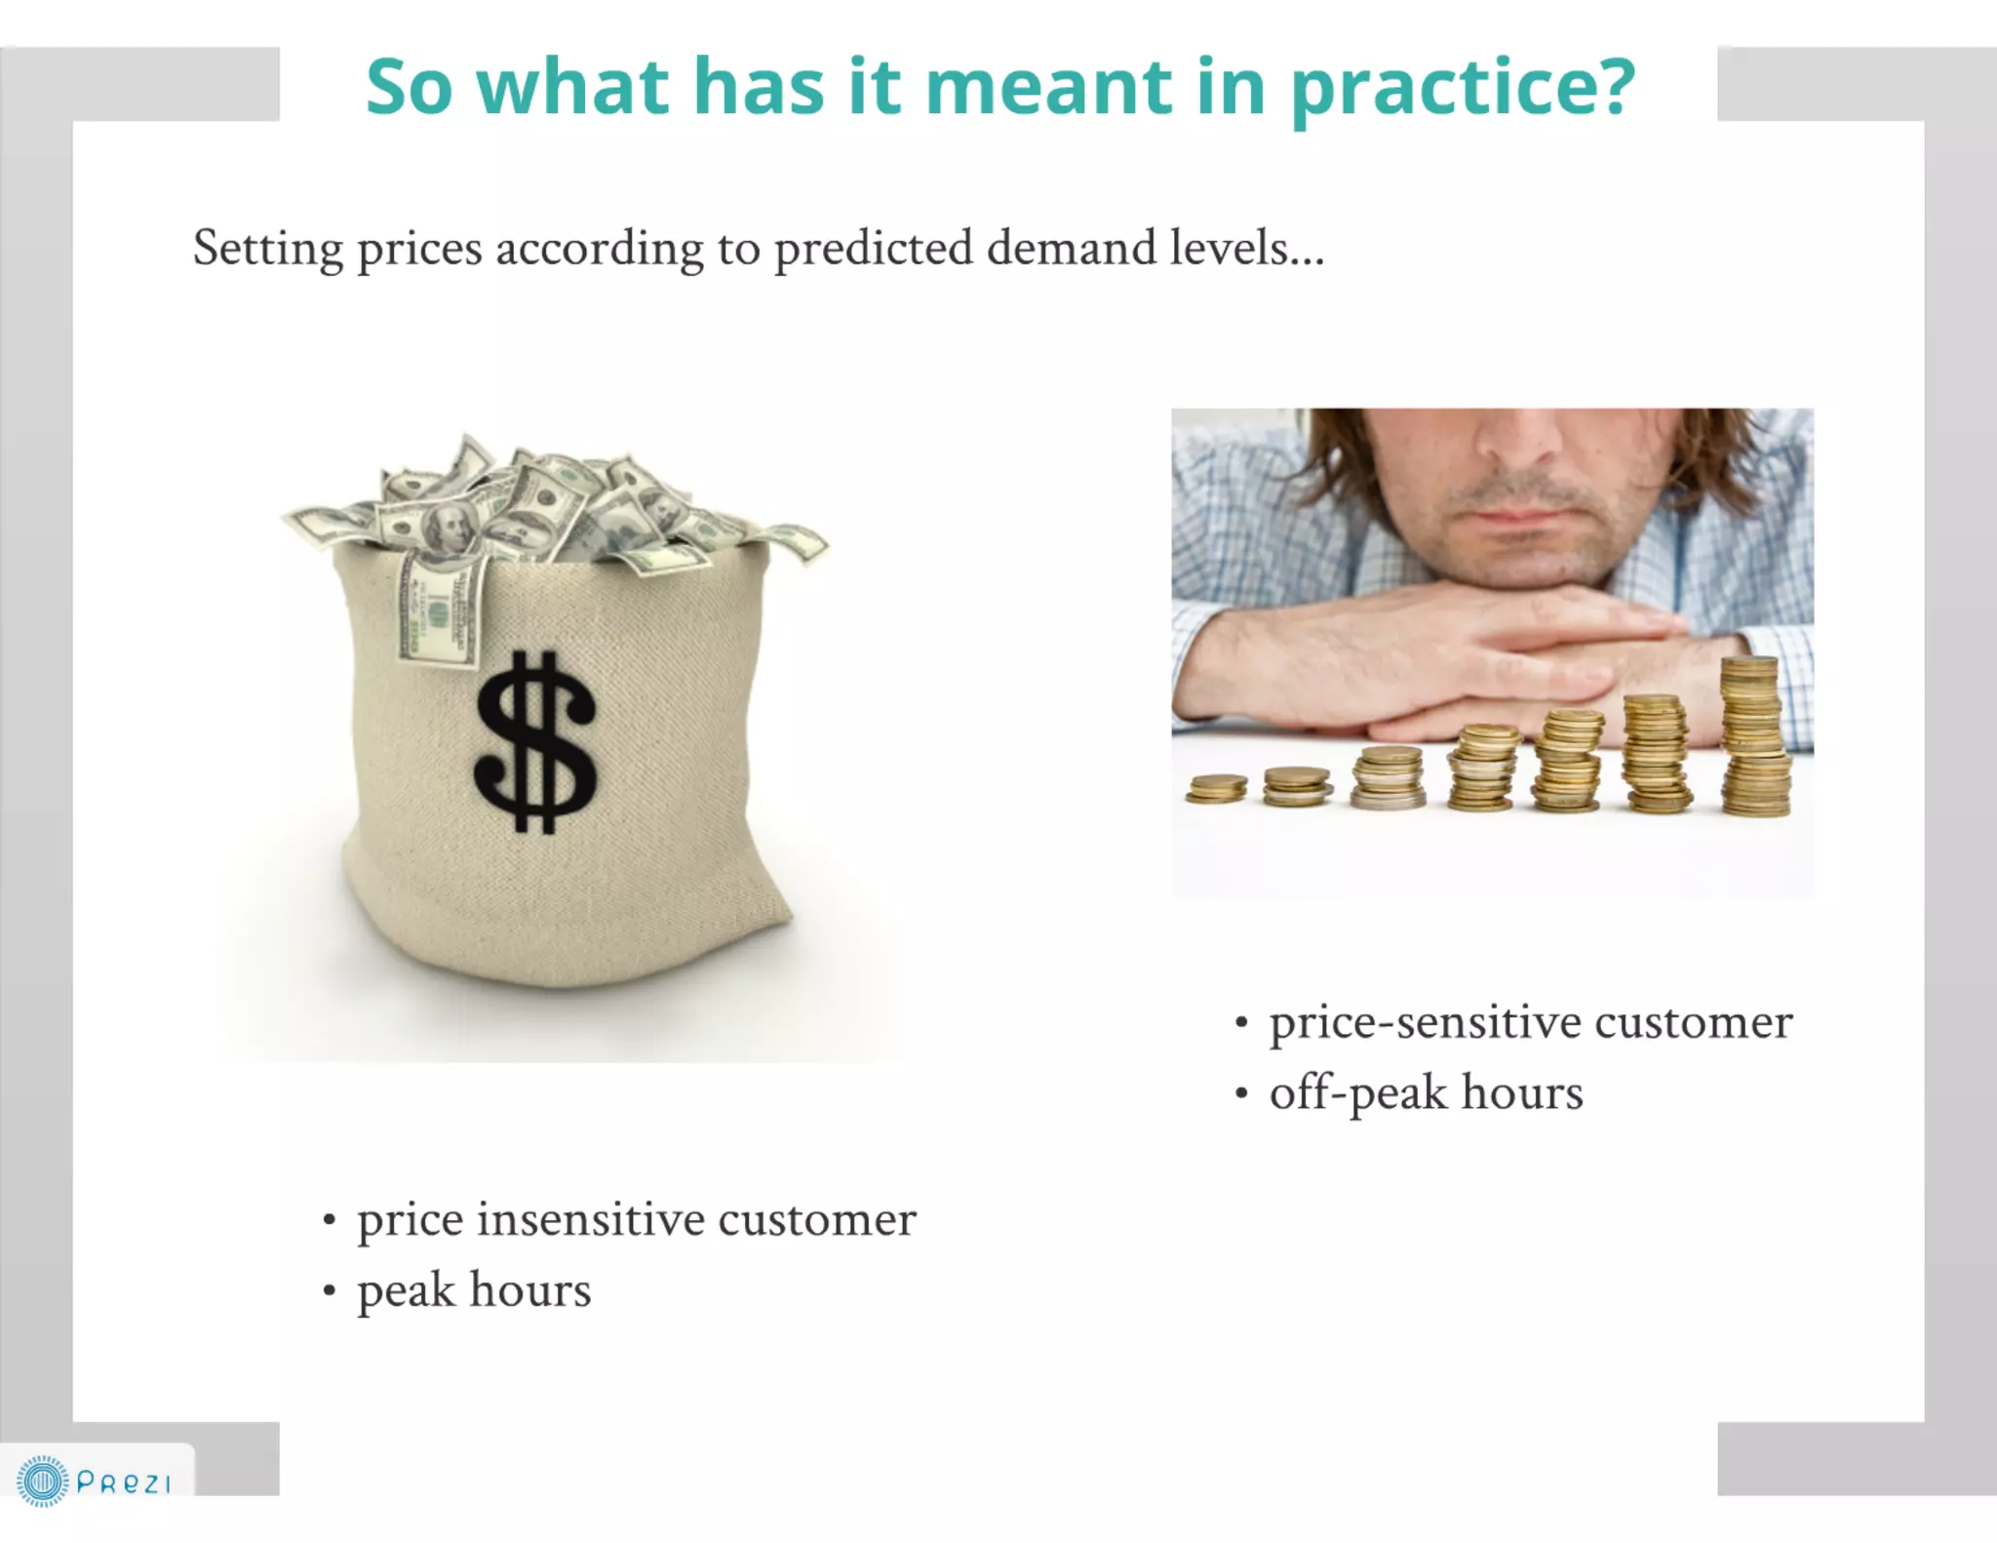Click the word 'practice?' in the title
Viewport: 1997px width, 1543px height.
pos(1463,88)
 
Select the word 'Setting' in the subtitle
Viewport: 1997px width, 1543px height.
pos(267,250)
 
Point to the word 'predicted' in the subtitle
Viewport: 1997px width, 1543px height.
pos(873,250)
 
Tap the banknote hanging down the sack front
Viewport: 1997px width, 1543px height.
pos(441,614)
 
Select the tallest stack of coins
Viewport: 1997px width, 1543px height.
pos(1754,737)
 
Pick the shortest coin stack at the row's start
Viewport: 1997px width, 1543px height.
pos(1216,788)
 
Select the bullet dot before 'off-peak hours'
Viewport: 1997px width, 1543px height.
pos(1241,1093)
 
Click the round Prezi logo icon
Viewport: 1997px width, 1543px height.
pos(42,1482)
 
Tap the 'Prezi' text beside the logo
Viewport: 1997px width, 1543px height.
pos(124,1484)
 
